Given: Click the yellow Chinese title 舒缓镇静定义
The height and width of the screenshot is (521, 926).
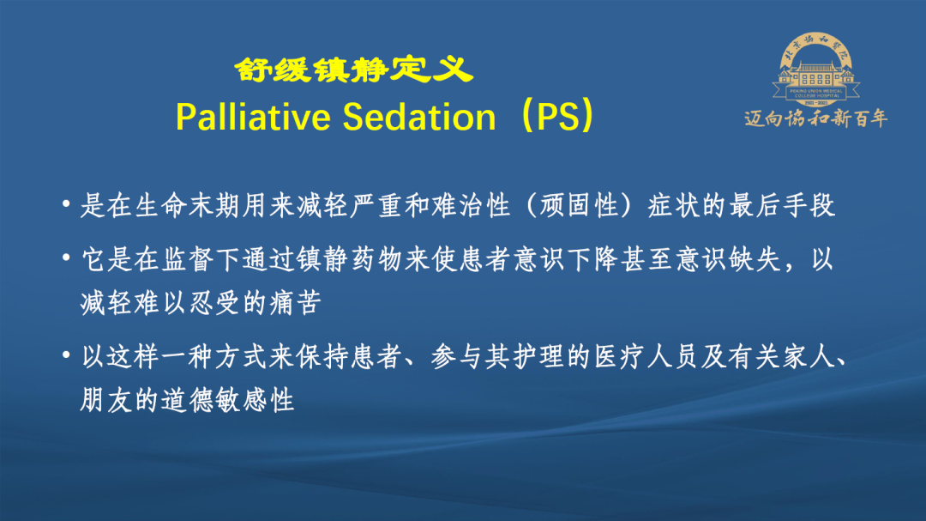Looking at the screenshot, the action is pyautogui.click(x=353, y=70).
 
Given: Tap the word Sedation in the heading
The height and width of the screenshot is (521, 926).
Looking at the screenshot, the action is pyautogui.click(x=419, y=117).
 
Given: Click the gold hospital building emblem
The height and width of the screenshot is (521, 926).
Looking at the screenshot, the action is pyautogui.click(x=815, y=70).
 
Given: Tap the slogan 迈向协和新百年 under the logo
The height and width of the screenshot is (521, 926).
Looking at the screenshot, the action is pyautogui.click(x=815, y=118).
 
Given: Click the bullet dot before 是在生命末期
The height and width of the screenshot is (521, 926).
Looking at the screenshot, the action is pyautogui.click(x=66, y=204).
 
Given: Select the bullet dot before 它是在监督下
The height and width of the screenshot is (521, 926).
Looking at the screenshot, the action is pyautogui.click(x=66, y=257).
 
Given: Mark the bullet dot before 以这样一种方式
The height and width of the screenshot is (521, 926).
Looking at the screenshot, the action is pyautogui.click(x=66, y=355).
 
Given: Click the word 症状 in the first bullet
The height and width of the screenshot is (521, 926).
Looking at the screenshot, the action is pyautogui.click(x=674, y=205).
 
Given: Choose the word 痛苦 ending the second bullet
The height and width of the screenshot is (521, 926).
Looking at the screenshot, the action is pyautogui.click(x=295, y=303).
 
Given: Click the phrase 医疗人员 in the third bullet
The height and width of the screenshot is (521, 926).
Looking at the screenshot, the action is pyautogui.click(x=646, y=357).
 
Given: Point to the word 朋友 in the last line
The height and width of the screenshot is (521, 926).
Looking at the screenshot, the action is pyautogui.click(x=106, y=400).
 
